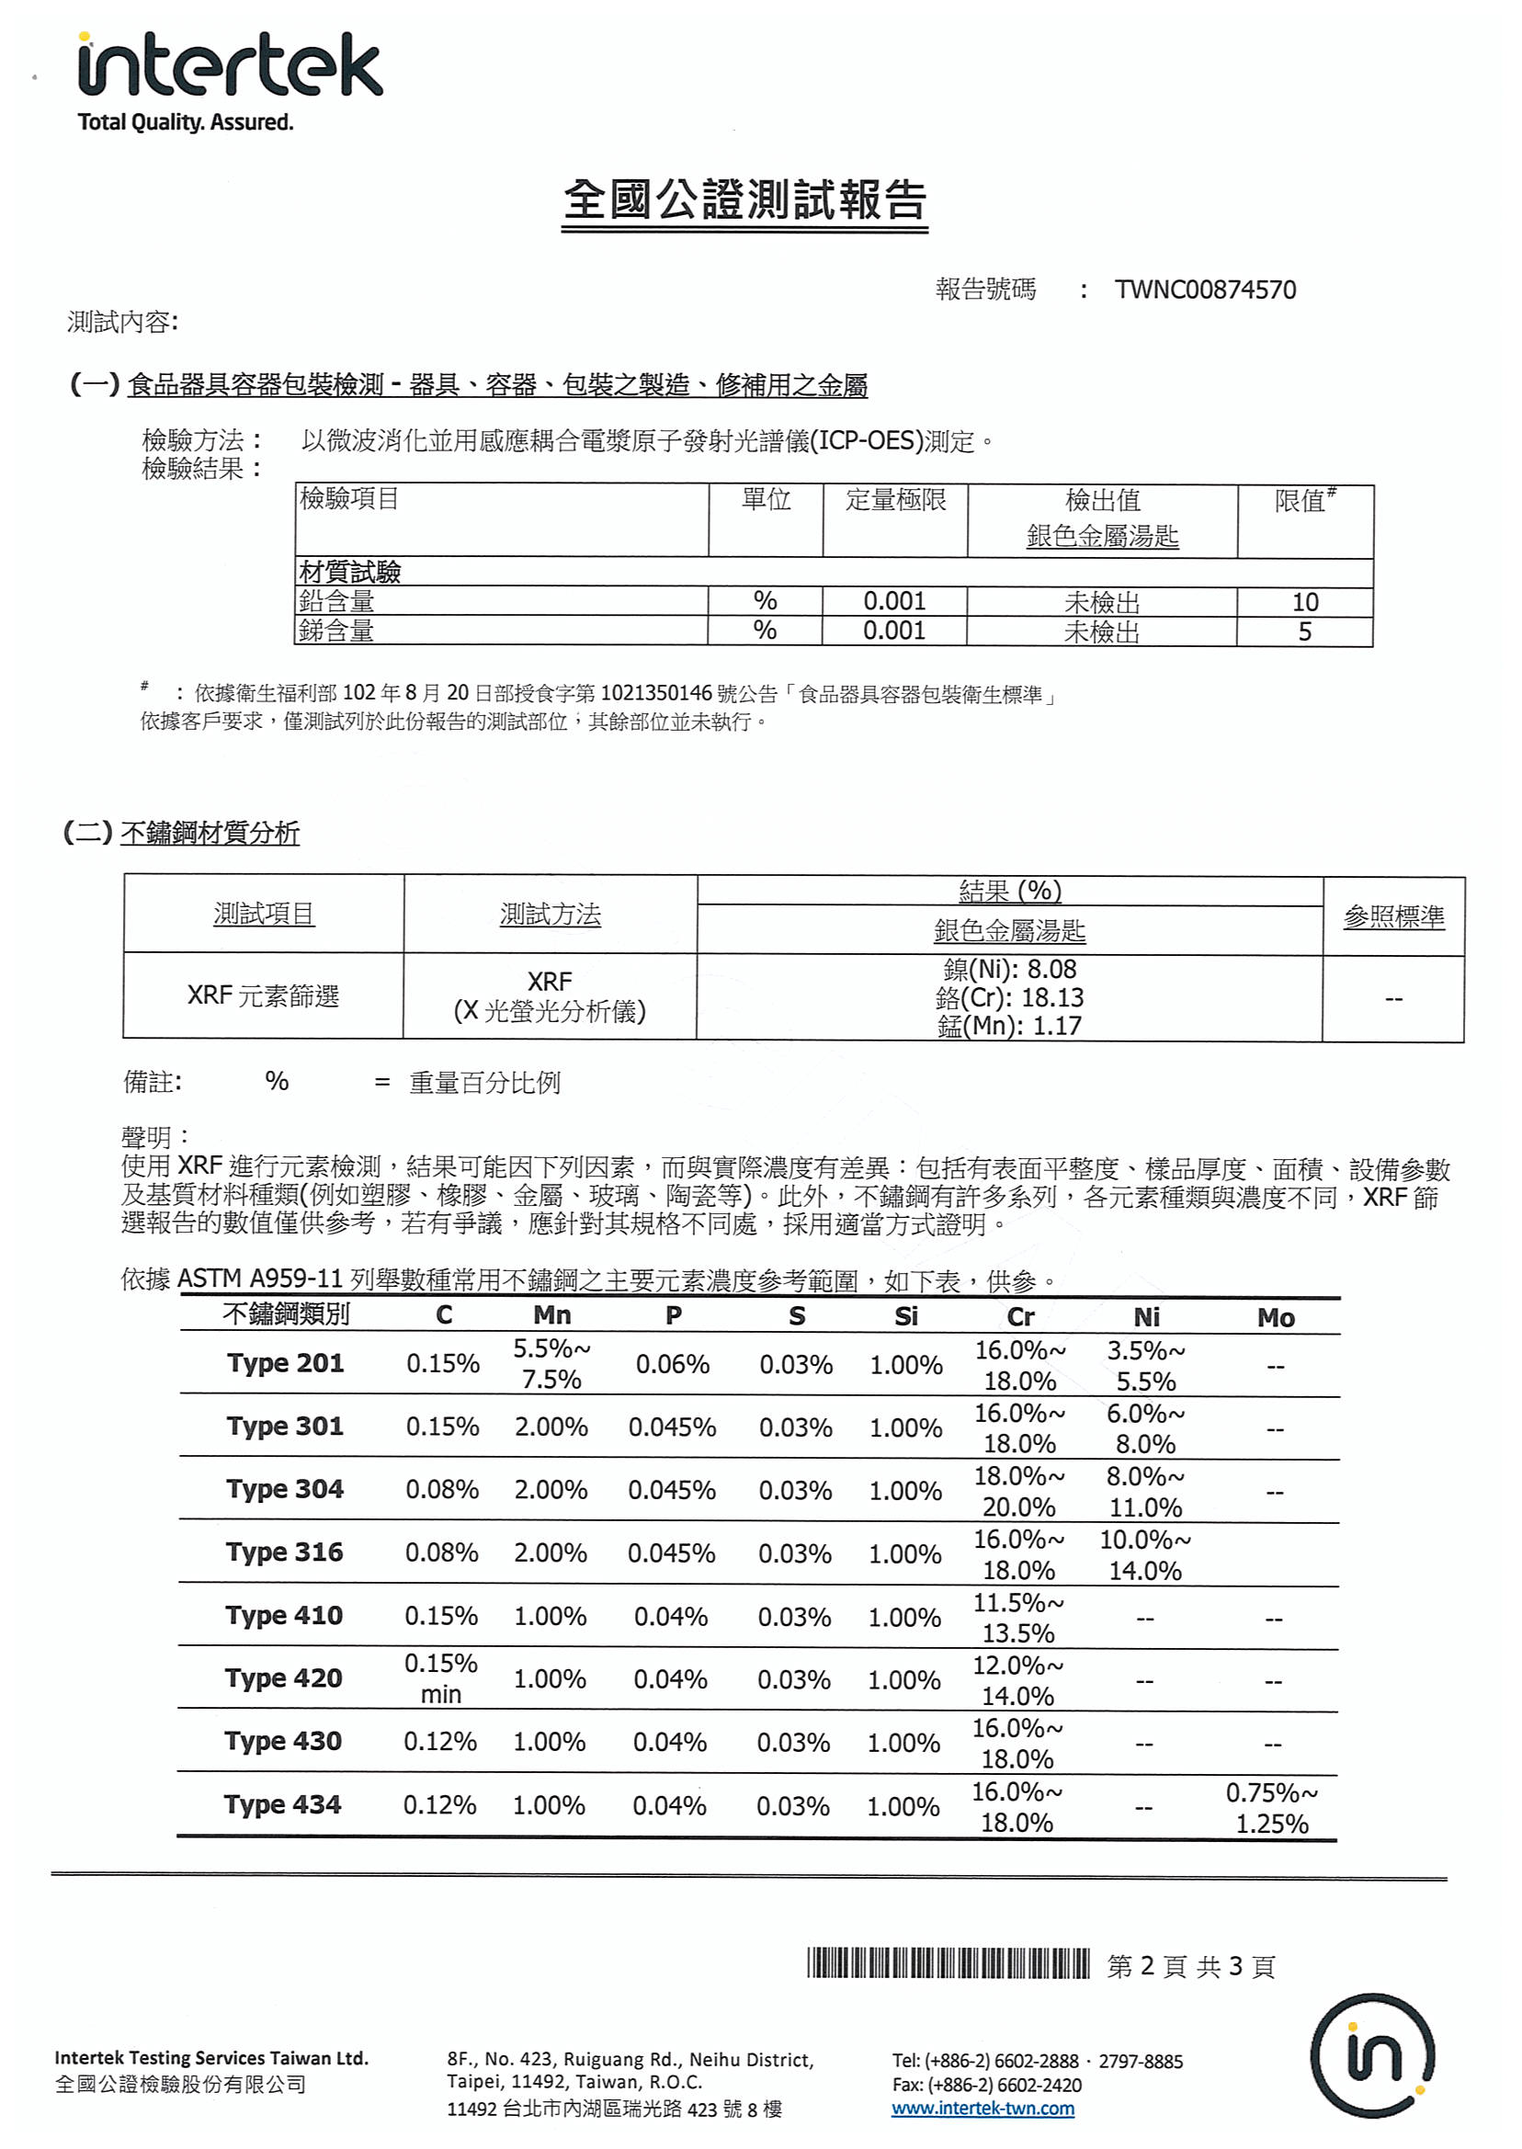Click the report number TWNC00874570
[x=1204, y=290]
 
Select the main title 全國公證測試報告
[x=745, y=200]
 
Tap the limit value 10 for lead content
[x=1304, y=602]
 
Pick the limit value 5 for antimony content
[x=1304, y=631]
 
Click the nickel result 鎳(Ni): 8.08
[x=1009, y=969]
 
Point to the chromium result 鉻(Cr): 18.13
[x=1009, y=997]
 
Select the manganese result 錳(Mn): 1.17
[x=1009, y=1026]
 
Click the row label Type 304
[x=285, y=1489]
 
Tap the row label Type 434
[x=282, y=1804]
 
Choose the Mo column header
[x=1276, y=1318]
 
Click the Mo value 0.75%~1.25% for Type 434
[x=1272, y=1808]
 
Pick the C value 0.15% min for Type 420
[x=440, y=1678]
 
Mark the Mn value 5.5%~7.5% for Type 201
[x=551, y=1364]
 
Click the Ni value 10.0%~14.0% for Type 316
[x=1145, y=1555]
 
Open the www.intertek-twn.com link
[x=982, y=2109]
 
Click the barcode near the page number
[x=948, y=1963]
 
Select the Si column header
[x=905, y=1317]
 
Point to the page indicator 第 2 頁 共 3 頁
[x=1190, y=1966]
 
